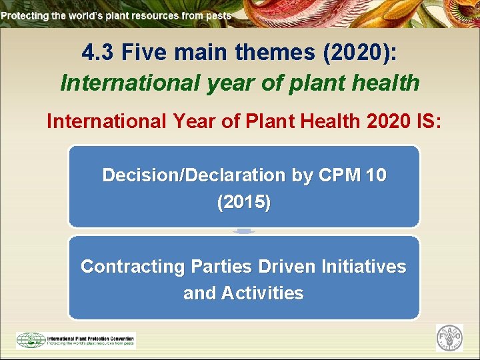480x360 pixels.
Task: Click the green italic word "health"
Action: [387, 83]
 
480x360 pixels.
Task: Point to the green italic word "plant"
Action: [301, 83]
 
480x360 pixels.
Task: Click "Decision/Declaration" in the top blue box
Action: [193, 175]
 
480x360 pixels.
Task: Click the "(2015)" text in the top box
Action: [244, 203]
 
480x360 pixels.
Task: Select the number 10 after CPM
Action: [375, 175]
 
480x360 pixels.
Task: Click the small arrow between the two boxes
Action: [244, 231]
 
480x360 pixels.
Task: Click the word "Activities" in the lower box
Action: [263, 293]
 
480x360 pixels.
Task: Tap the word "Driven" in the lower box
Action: [287, 267]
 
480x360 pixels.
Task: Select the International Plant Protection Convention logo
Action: [75, 340]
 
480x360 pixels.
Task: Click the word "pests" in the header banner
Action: [217, 15]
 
